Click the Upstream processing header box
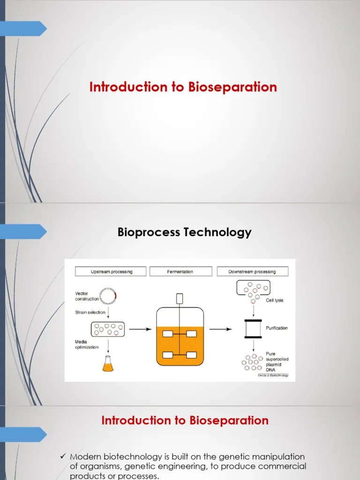tap(111, 271)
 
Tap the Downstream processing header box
tap(252, 271)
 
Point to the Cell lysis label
tap(275, 300)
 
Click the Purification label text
tap(277, 328)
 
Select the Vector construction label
tap(87, 296)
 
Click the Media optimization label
tap(87, 345)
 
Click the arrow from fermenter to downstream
tap(220, 329)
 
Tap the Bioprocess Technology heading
tap(184, 232)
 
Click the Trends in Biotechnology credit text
tap(273, 375)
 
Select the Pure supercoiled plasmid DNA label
tap(277, 362)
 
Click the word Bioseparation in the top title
tap(233, 87)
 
